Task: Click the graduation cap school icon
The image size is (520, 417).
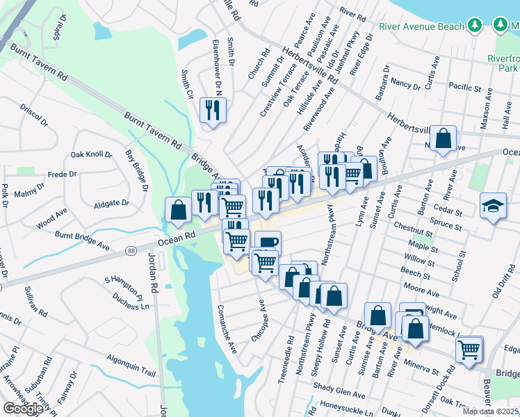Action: pos(493,206)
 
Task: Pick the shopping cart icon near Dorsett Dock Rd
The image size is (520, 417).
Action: pos(469,349)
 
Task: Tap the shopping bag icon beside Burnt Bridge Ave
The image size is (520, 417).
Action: pos(178,209)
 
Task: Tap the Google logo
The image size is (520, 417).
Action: pos(23,409)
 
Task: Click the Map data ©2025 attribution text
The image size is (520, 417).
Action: pos(490,411)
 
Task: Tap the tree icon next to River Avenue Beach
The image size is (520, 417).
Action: pos(475,26)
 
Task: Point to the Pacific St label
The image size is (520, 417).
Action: pos(465,88)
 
